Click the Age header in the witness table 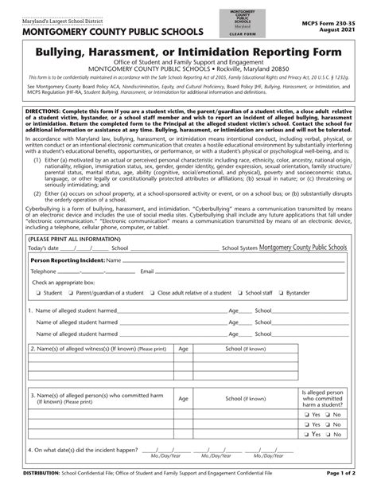(184, 349)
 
